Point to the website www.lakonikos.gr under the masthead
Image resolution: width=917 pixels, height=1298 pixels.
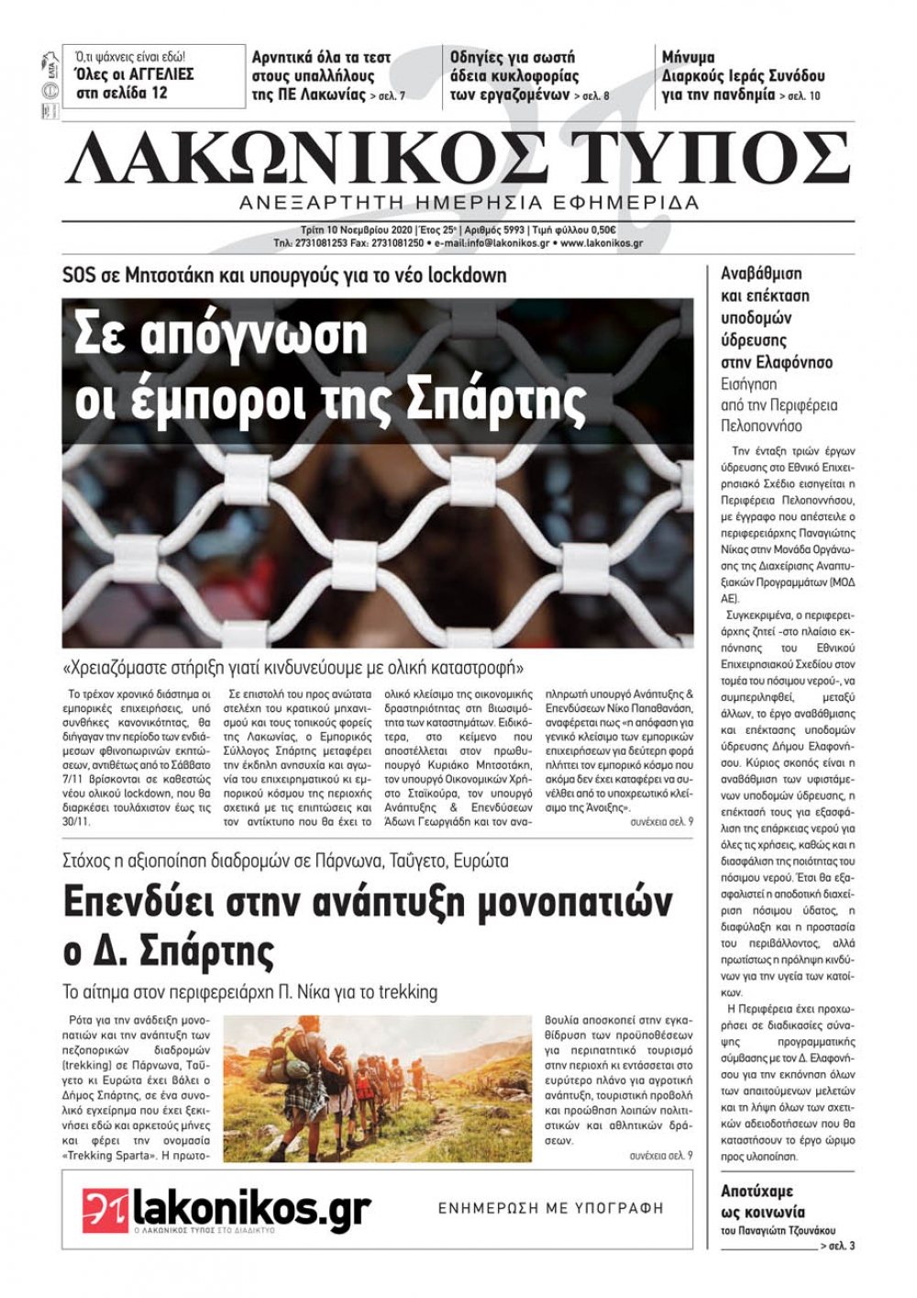[602, 244]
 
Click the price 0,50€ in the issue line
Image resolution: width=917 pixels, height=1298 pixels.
[600, 230]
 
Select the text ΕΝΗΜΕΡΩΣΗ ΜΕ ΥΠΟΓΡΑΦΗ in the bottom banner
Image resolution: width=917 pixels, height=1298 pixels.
[550, 1208]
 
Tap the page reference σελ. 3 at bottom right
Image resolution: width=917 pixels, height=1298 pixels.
[842, 1246]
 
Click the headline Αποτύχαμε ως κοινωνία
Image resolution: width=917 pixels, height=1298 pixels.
[761, 1201]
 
